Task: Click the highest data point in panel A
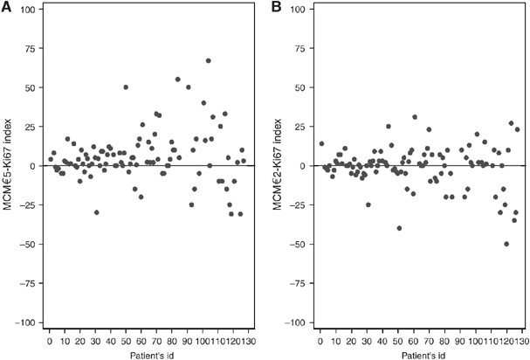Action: click(208, 60)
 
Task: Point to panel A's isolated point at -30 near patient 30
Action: click(96, 212)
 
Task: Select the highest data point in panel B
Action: click(415, 117)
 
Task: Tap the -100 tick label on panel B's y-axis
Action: click(299, 323)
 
